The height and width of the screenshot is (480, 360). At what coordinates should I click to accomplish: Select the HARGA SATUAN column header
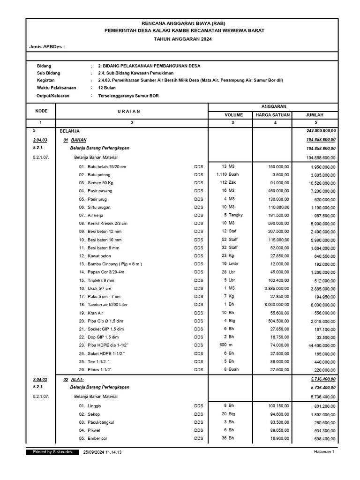pos(272,115)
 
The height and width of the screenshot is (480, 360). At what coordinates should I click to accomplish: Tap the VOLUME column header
pos(230,115)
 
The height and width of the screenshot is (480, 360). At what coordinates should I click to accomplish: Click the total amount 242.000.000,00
pos(321,131)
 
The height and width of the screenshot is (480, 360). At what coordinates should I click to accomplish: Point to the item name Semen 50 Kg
pos(100,182)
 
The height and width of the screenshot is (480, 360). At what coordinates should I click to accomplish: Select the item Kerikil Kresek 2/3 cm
pos(107,224)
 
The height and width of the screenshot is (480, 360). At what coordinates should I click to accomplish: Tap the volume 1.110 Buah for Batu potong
pos(227,174)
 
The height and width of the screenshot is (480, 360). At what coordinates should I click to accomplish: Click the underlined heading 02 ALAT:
pos(73,380)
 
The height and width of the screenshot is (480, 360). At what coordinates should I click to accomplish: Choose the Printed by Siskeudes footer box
pos(52,452)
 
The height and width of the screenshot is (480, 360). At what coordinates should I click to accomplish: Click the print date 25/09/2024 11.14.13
pos(103,452)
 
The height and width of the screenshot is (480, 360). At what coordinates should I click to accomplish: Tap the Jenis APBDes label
pos(47,47)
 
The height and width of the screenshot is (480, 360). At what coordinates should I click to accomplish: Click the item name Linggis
pos(94,405)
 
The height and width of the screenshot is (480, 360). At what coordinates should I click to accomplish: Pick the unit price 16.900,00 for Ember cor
pos(278,438)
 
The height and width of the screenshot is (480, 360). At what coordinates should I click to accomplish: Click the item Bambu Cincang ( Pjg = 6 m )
pos(114,264)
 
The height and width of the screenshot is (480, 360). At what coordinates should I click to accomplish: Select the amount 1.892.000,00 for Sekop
pos(322,414)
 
